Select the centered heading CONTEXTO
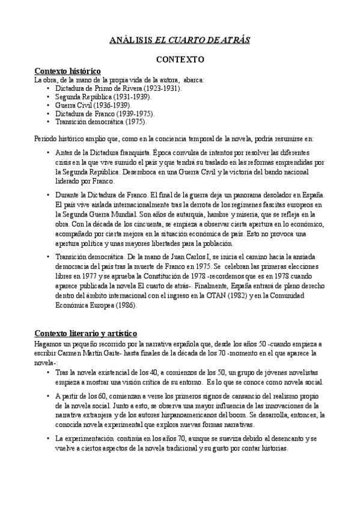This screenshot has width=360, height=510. pos(180,60)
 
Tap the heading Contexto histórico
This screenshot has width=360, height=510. pos(67,72)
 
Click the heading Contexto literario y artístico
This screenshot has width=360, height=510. pos(86,333)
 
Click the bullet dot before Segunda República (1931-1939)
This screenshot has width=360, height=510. pos(48,96)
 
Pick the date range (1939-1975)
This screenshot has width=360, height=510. pos(133,113)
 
